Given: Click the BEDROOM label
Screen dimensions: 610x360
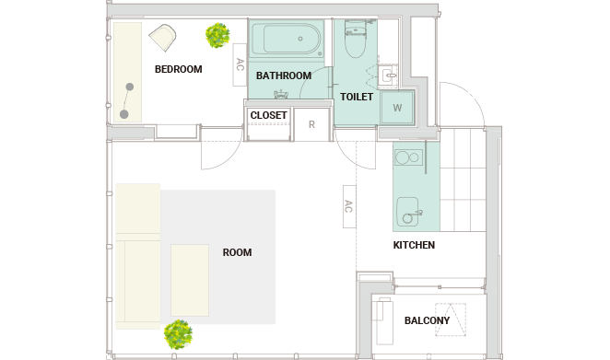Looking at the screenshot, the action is [179, 69].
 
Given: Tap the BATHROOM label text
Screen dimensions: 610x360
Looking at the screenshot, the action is [284, 75].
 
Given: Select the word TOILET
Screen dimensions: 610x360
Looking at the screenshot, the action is [357, 97].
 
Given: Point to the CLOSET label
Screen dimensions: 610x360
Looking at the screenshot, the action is [269, 115].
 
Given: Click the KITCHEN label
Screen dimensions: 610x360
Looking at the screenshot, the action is [414, 245].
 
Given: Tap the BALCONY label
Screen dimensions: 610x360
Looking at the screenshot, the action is [428, 320].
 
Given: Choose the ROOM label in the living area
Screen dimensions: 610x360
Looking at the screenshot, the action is [238, 252].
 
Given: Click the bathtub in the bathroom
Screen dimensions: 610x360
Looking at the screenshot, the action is [286, 39].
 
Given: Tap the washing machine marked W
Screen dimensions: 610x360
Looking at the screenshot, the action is [397, 108].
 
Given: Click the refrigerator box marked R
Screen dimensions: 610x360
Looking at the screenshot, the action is [311, 124].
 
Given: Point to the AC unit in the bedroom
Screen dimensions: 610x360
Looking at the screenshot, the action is [240, 64].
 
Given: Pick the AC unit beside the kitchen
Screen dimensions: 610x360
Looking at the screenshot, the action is [349, 206].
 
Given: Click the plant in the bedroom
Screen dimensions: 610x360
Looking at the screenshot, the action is [217, 35].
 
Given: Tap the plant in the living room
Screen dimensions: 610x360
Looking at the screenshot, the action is [178, 334].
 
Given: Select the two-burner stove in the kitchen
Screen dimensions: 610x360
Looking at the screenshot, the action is [409, 157].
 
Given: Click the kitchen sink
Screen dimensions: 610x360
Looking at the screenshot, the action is [408, 212].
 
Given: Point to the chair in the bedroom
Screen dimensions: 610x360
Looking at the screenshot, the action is [163, 38].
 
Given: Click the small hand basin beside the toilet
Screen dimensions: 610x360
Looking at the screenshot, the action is [389, 75].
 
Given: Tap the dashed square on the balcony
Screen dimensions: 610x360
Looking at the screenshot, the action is [451, 319].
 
